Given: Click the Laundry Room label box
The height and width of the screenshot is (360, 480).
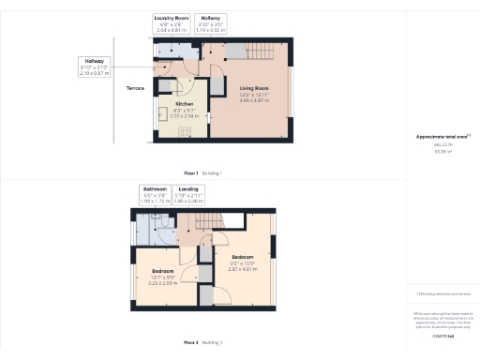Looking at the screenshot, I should [x=174, y=22].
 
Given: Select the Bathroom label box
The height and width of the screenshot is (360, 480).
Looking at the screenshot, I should [x=155, y=195].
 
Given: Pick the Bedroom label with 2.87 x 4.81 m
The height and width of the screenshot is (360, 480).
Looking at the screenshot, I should [x=243, y=256].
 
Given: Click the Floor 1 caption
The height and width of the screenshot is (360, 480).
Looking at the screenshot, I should [x=190, y=173].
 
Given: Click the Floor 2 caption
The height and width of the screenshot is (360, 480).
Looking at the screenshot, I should [x=190, y=341].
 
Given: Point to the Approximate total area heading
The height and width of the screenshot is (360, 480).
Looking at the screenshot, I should [x=442, y=137].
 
